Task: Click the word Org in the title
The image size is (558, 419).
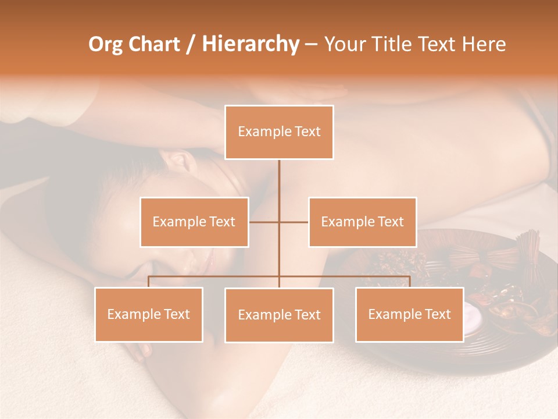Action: tap(106, 44)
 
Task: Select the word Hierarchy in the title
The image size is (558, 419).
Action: tap(250, 44)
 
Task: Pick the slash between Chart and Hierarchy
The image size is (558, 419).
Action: tap(191, 45)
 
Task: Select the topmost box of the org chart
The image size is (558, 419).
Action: tap(279, 132)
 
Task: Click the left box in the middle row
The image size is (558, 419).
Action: tap(194, 222)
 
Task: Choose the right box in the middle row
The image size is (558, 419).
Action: tap(362, 222)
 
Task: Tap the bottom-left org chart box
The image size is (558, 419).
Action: tap(149, 314)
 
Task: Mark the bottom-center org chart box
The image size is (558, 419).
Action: tap(279, 315)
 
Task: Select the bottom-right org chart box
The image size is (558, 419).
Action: tap(409, 314)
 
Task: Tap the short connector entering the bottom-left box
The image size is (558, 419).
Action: tap(149, 282)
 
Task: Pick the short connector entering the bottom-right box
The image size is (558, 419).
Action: tap(410, 282)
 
